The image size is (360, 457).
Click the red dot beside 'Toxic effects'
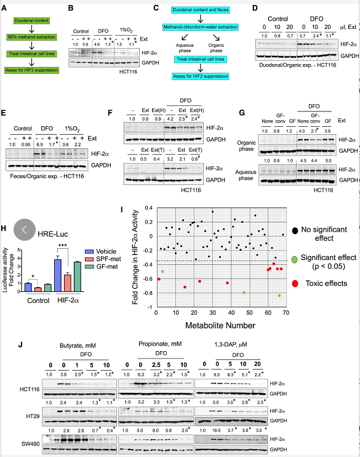pyautogui.click(x=295, y=283)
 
